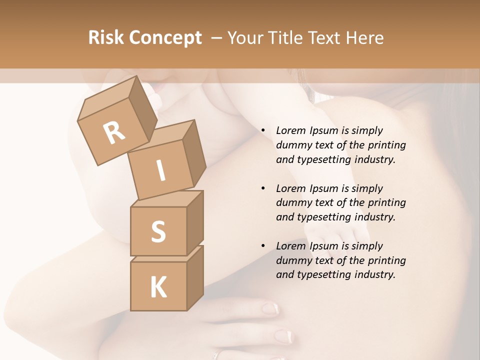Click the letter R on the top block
[x=114, y=132]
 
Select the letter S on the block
[x=158, y=231]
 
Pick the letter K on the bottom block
[x=158, y=287]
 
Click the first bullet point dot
[x=263, y=131]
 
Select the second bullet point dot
[x=263, y=189]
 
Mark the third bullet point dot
[x=263, y=246]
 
